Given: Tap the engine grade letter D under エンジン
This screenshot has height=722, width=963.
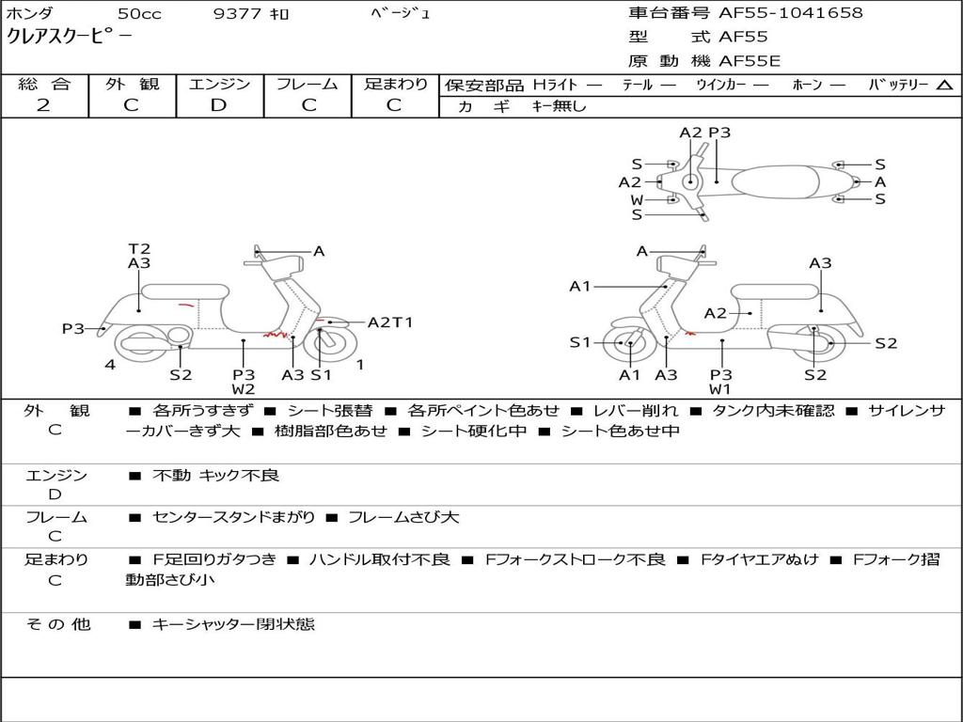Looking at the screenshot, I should click(218, 105).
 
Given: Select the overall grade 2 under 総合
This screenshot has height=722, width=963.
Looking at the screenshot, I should click(43, 105).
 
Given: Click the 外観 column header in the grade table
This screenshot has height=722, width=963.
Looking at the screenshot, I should click(132, 85).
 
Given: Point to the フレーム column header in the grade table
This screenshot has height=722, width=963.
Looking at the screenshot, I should click(308, 85).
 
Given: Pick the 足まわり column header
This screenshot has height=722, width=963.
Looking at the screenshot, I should click(395, 85).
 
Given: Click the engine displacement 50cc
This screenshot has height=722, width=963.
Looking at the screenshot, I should click(139, 14).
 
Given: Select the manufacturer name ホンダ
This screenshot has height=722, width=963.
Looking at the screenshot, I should click(30, 14).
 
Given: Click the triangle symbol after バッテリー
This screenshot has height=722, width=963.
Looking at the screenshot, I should click(944, 86).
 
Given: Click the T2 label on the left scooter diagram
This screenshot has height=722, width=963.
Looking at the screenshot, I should click(139, 249).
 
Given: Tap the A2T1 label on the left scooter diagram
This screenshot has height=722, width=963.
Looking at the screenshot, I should click(390, 322).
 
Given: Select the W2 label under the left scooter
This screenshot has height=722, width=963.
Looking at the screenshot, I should click(244, 389).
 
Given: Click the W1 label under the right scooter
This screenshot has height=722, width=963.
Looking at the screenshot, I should click(720, 389).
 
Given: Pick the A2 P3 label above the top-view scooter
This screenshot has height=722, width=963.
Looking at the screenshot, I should click(705, 133).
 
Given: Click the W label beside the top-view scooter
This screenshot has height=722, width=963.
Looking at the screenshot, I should click(637, 199).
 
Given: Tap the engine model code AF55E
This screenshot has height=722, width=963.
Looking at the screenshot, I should click(750, 61).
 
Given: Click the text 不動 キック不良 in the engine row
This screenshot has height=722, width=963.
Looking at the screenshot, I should click(215, 476).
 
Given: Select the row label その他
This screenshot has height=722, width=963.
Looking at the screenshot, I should click(57, 624).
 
